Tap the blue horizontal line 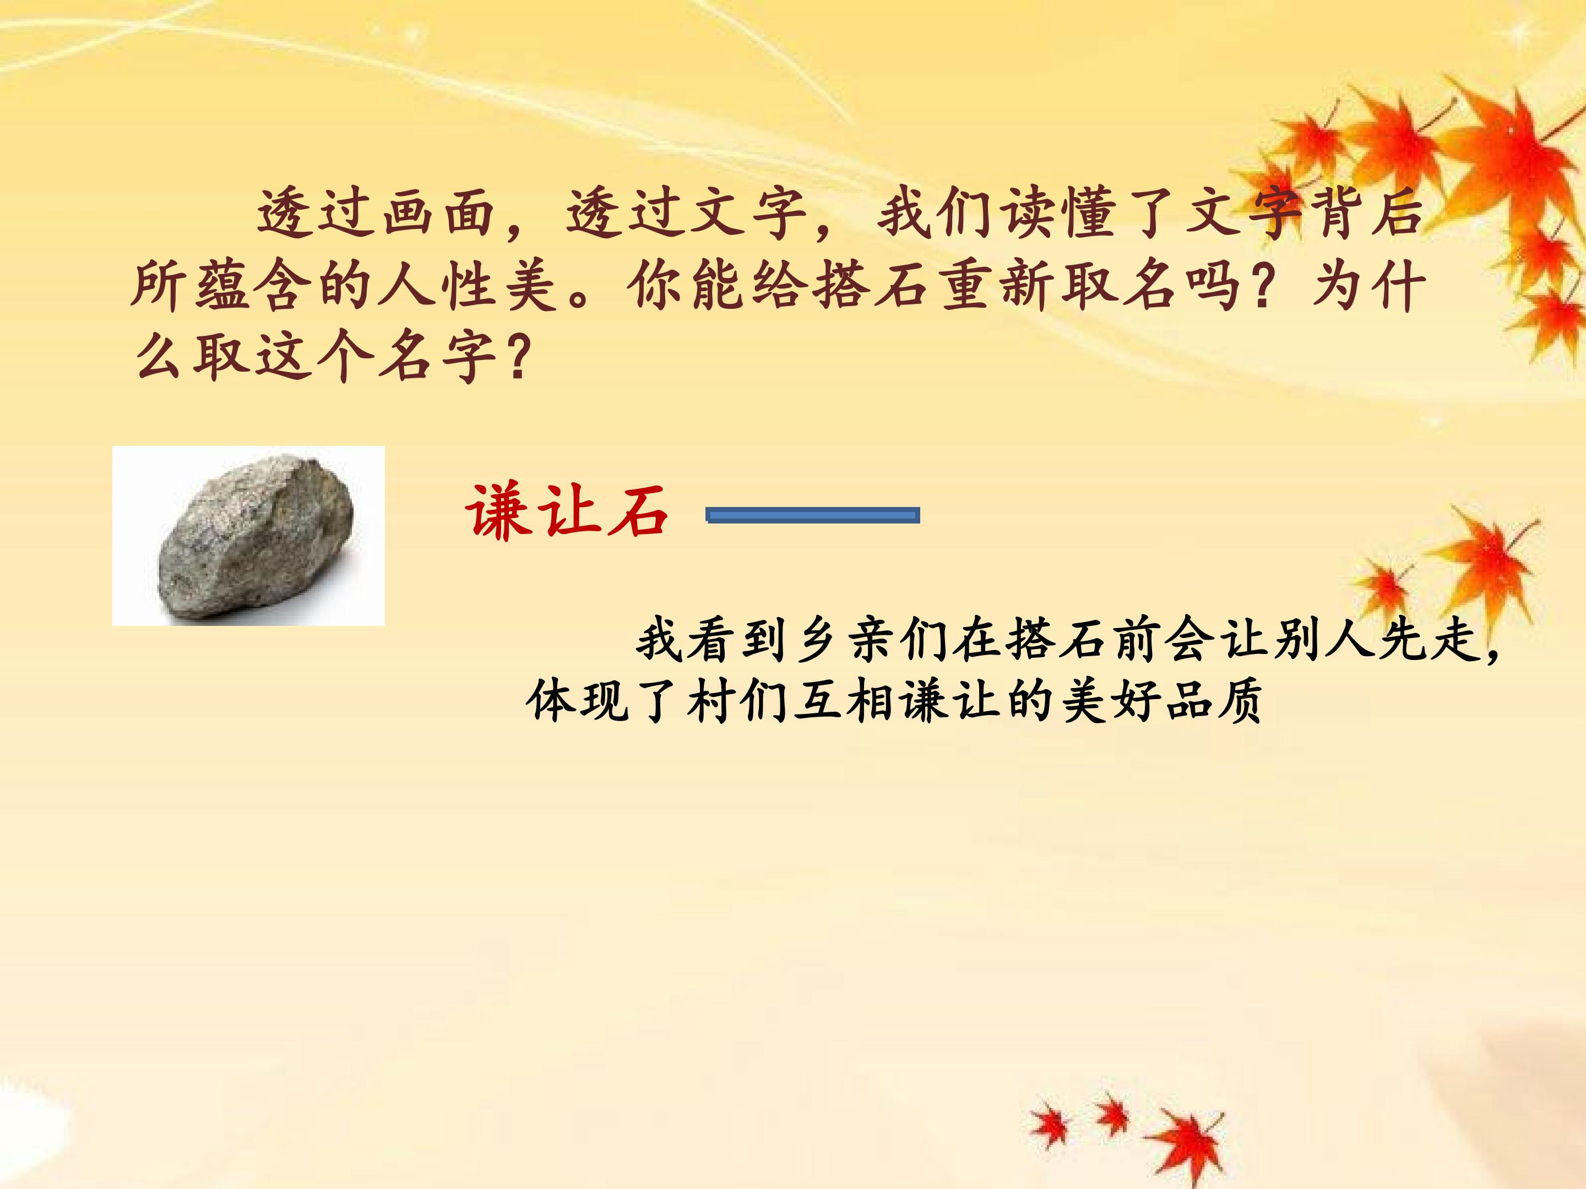coord(812,515)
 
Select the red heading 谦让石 coord(567,511)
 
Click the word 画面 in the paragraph coord(437,214)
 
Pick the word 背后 coord(1366,214)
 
